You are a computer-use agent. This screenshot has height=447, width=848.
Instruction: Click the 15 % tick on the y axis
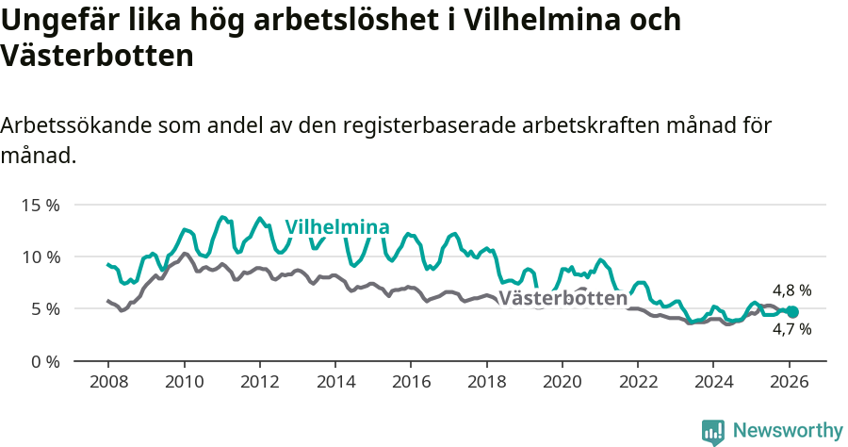pyautogui.click(x=40, y=205)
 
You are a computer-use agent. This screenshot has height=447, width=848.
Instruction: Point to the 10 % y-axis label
pyautogui.click(x=40, y=257)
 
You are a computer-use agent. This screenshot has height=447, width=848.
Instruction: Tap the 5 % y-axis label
pyautogui.click(x=44, y=309)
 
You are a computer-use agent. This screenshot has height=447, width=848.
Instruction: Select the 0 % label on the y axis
pyautogui.click(x=44, y=361)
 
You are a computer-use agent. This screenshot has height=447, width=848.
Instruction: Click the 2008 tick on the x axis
pyautogui.click(x=108, y=383)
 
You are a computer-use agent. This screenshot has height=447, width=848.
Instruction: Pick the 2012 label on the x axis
pyautogui.click(x=259, y=383)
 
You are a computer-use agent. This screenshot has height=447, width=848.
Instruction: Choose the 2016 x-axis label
pyautogui.click(x=411, y=383)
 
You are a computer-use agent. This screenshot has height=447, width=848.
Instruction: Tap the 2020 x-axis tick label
pyautogui.click(x=562, y=383)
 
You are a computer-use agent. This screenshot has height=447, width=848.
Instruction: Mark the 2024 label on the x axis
pyautogui.click(x=712, y=383)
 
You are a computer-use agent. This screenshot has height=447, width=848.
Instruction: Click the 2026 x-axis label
pyautogui.click(x=788, y=383)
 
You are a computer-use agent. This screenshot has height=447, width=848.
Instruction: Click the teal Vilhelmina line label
pyautogui.click(x=337, y=227)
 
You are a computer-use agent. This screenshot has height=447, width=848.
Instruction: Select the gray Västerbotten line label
pyautogui.click(x=563, y=299)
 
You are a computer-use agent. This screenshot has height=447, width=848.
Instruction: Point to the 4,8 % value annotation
pyautogui.click(x=791, y=290)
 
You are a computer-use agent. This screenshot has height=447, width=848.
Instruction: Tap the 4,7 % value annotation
pyautogui.click(x=791, y=330)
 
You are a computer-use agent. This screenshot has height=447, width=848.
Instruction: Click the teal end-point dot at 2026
pyautogui.click(x=792, y=312)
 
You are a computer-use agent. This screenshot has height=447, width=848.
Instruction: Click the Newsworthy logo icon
pyautogui.click(x=713, y=431)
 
